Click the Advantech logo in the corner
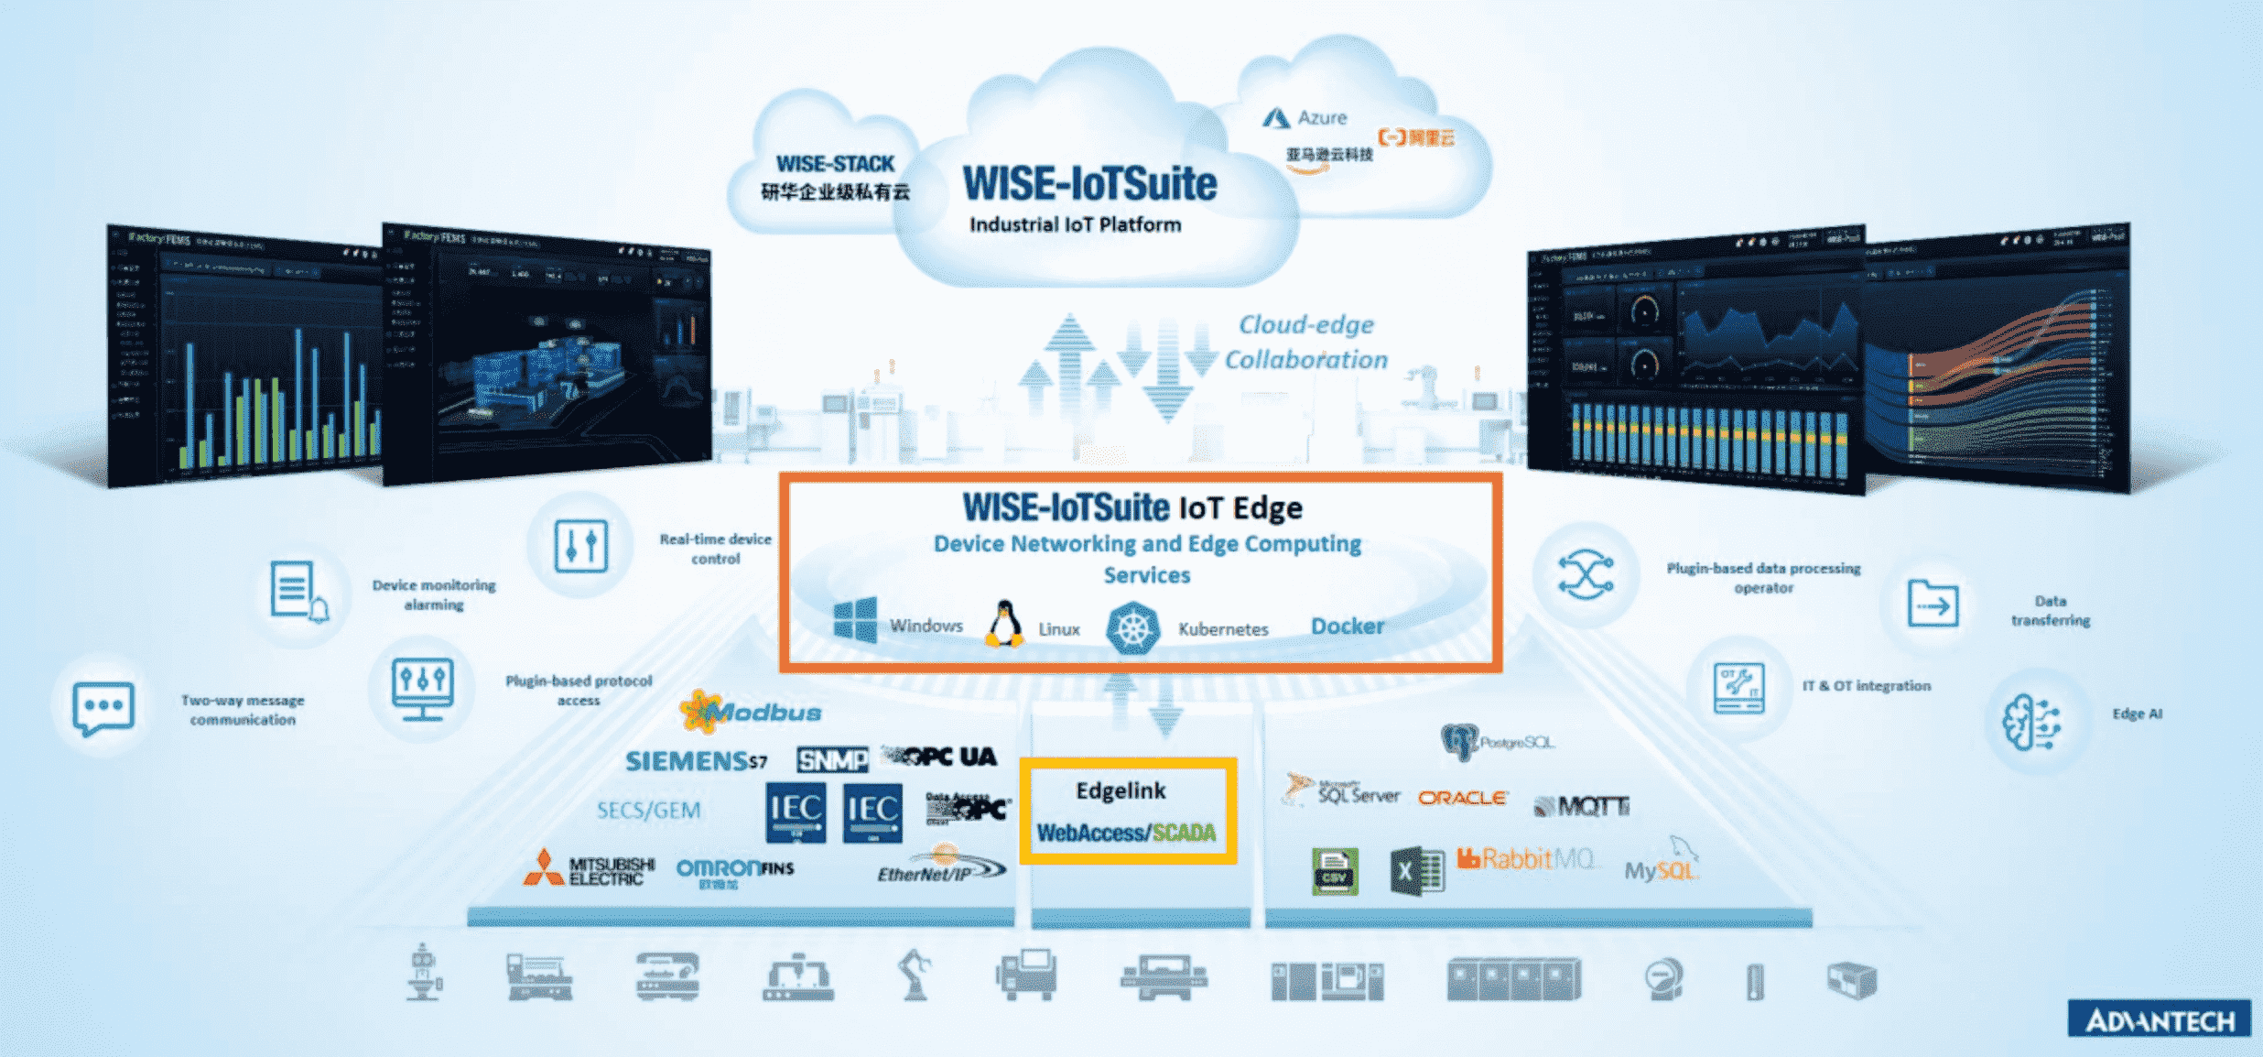click(2159, 1019)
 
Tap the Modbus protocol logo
click(751, 712)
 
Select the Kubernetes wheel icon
click(1132, 628)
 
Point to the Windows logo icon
click(855, 620)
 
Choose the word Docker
click(1347, 627)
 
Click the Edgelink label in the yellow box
click(1121, 790)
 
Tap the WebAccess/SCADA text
click(1126, 833)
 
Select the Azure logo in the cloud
click(1305, 118)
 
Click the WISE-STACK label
click(835, 164)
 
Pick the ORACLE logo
click(1462, 798)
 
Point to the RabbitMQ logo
click(1524, 859)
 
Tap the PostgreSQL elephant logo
click(1459, 740)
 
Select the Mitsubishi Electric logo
click(589, 870)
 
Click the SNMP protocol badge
click(832, 759)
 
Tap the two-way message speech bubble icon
click(103, 708)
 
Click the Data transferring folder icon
click(1933, 605)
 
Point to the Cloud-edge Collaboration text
click(1306, 342)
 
